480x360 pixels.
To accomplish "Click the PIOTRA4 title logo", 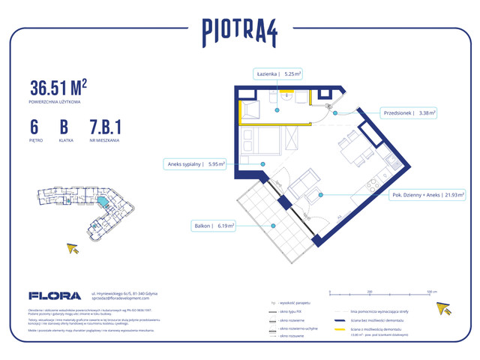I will pos(239,31).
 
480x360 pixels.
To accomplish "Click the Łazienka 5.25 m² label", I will pos(277,73).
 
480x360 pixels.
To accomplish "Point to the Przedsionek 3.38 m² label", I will pos(409,113).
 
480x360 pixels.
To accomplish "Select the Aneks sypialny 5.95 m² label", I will pos(193,164).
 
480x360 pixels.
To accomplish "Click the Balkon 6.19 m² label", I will pos(213,224).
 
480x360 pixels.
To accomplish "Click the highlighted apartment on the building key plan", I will pos(102,203).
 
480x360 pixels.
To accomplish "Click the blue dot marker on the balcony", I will pos(274,224).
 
